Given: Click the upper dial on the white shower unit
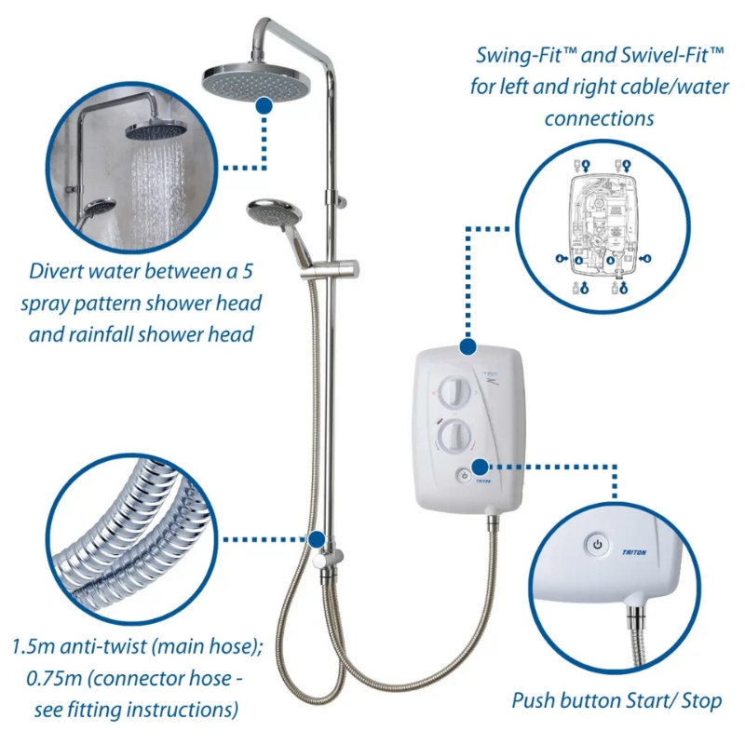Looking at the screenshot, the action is point(454,393).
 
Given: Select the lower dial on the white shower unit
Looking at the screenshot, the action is point(454,437).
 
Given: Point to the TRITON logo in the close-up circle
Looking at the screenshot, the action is point(634,552).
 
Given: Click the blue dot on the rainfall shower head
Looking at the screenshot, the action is point(264,105).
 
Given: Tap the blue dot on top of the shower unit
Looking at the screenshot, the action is point(468,346).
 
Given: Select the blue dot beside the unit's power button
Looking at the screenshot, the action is point(480,467).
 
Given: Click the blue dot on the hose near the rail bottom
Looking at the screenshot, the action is point(316,539).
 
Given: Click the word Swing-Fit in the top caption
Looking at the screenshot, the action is point(526,56).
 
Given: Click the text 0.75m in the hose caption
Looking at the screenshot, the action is point(54,679).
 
